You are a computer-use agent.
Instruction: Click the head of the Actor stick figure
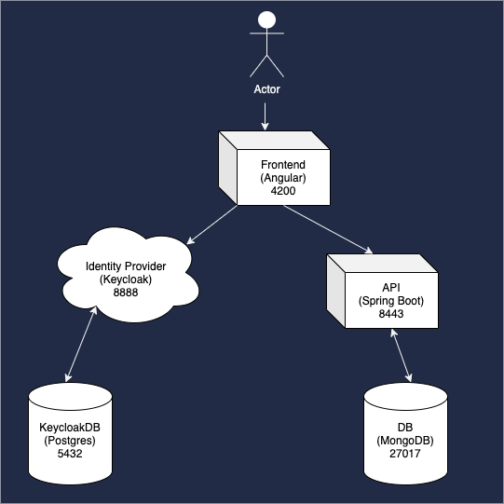(x=266, y=20)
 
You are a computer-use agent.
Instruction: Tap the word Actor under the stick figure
(x=266, y=90)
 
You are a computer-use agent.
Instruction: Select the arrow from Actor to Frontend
(x=266, y=116)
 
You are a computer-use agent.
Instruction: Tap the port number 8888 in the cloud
(x=125, y=293)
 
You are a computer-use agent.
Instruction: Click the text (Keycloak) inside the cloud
(x=125, y=279)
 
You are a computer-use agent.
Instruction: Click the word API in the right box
(x=391, y=288)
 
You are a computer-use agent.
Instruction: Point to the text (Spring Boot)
(x=391, y=301)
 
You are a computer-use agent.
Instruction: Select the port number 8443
(x=391, y=314)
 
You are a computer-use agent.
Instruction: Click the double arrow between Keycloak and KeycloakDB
(x=80, y=345)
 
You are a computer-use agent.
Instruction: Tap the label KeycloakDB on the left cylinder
(x=71, y=428)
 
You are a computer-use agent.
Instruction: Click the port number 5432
(x=71, y=454)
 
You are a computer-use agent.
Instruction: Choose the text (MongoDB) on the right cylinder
(x=405, y=440)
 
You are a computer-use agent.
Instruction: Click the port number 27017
(x=405, y=453)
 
